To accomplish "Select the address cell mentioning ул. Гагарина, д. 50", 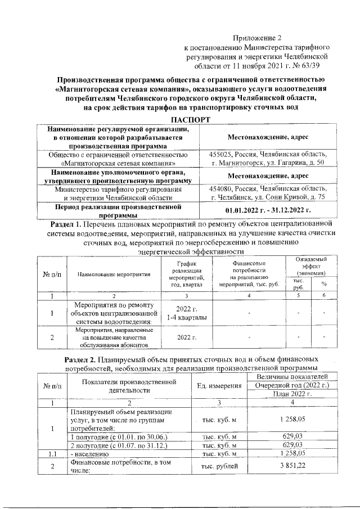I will point(267,159).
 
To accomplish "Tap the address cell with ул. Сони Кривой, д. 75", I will point(267,194).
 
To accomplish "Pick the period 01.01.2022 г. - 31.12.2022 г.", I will point(267,210).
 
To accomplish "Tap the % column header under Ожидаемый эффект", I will point(323,283).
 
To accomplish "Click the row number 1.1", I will point(51,453).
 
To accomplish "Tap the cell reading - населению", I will point(87,453).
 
